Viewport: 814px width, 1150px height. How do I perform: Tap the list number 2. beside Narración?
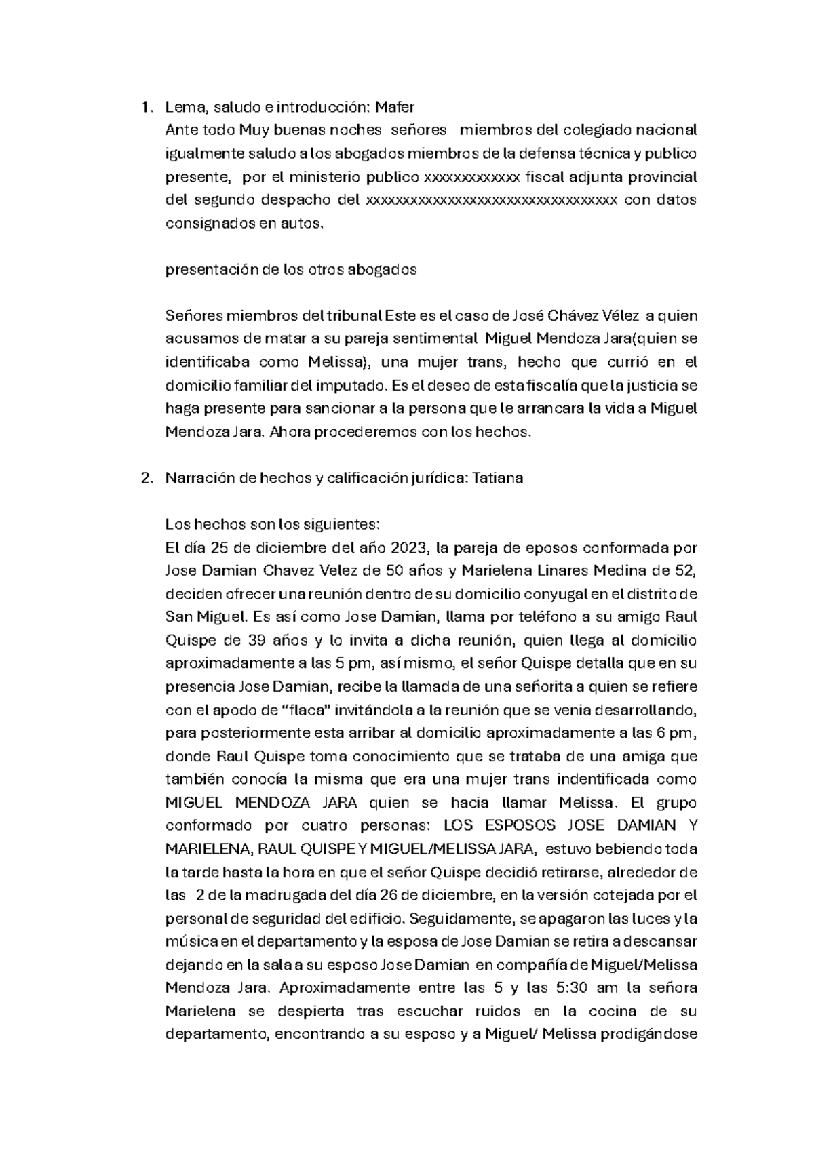[145, 478]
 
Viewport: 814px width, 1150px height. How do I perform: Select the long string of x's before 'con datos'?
[491, 200]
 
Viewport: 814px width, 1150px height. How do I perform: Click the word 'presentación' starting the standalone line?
[212, 269]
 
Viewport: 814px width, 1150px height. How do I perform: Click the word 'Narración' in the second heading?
[200, 478]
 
